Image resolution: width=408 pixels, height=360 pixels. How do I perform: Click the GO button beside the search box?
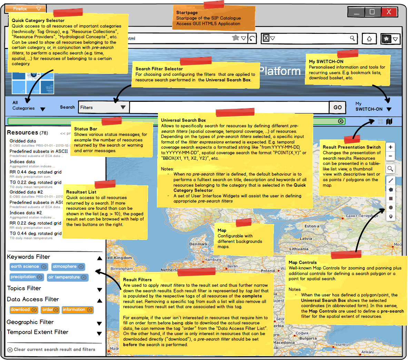(337, 107)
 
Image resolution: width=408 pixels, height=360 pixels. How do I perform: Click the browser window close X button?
(389, 12)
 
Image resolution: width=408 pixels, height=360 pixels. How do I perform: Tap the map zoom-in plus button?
(390, 147)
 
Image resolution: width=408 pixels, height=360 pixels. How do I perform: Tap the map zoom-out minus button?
(390, 156)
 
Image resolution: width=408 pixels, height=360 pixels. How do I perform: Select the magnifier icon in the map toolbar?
(390, 169)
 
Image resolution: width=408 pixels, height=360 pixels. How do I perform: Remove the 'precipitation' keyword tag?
(40, 277)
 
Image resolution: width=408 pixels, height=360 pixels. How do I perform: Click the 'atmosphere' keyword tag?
(64, 266)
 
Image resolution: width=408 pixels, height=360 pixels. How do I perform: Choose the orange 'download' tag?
(20, 310)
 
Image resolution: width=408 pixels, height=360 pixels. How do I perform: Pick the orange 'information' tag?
(74, 310)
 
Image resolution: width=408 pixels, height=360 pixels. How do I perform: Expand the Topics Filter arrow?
(100, 290)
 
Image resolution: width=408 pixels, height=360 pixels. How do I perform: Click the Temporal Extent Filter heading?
(38, 332)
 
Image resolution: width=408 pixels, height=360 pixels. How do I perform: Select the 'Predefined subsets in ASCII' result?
(39, 151)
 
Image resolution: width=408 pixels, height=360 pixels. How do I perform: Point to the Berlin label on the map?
(232, 266)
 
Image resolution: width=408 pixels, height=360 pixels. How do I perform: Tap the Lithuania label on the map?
(299, 249)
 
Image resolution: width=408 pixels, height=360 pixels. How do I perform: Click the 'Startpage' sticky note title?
(187, 12)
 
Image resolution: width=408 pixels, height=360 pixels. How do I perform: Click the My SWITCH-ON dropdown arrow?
(389, 109)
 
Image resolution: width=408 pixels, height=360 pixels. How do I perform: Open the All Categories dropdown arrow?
(43, 109)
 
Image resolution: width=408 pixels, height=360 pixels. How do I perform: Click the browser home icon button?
(369, 39)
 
